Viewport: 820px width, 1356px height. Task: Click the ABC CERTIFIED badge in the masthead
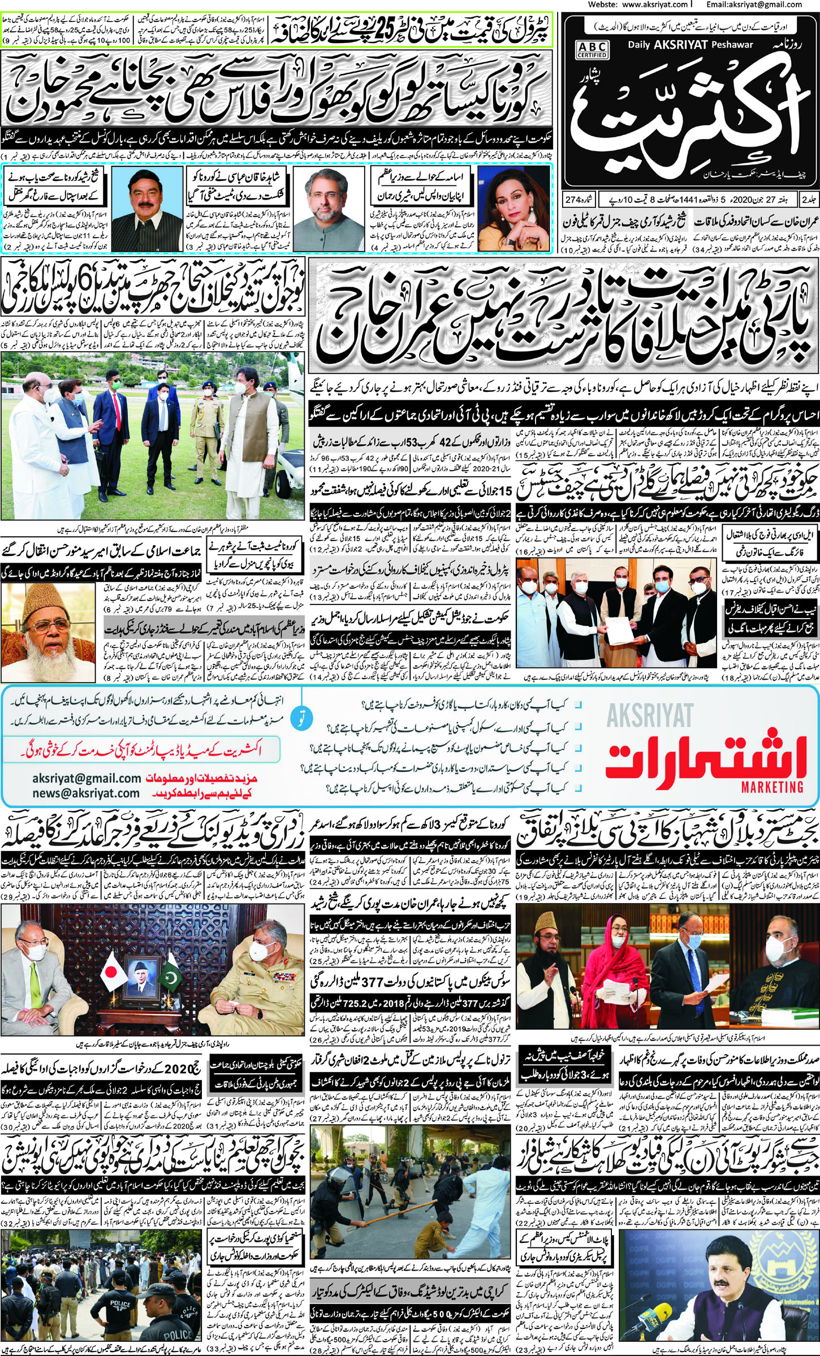[592, 49]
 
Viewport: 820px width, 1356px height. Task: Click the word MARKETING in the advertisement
[772, 787]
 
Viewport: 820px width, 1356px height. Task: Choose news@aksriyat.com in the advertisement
[86, 793]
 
